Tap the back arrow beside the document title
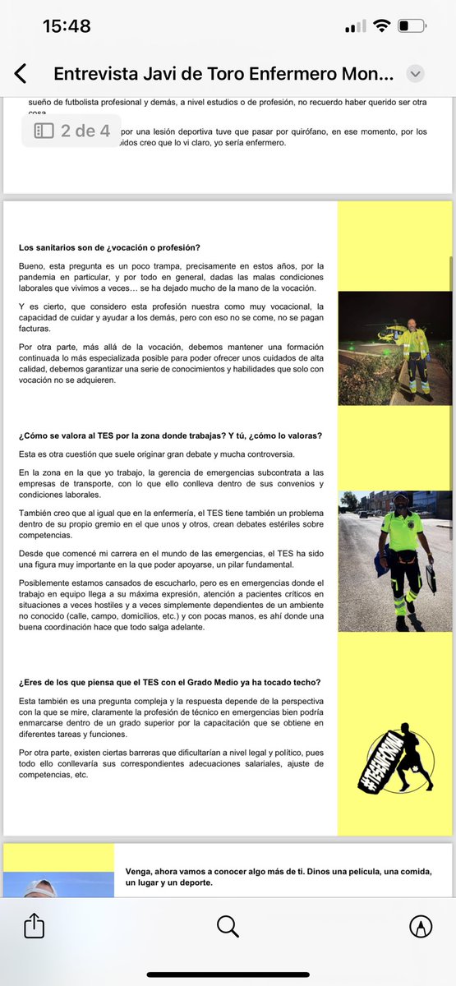(21, 74)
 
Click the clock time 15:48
(67, 26)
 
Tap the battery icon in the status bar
(413, 26)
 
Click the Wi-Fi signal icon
(380, 26)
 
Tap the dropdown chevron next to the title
(416, 74)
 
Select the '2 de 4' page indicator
(72, 131)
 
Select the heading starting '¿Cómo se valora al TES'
(170, 435)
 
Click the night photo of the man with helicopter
(395, 348)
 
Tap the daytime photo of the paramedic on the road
(395, 561)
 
